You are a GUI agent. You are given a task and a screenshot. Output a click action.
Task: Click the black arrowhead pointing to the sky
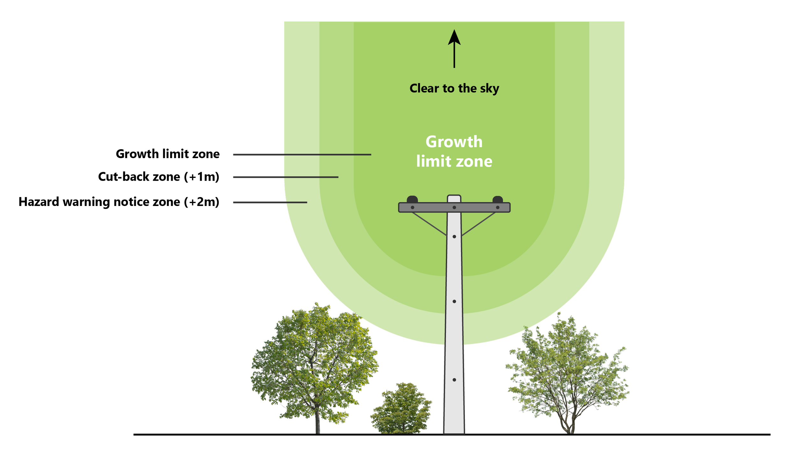(x=454, y=38)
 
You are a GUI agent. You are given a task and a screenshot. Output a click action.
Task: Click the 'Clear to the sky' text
(x=454, y=88)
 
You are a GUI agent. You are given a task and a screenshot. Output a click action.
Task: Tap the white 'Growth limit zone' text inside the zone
(x=454, y=151)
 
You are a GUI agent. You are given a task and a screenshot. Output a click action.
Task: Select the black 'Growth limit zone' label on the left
(x=168, y=154)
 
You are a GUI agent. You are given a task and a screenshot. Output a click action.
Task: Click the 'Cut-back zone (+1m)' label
(x=159, y=177)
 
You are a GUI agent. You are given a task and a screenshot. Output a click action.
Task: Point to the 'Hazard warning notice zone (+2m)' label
(x=119, y=202)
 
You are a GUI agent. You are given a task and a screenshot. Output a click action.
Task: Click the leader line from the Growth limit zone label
(x=302, y=155)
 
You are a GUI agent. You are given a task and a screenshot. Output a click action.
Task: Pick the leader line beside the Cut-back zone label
(x=286, y=177)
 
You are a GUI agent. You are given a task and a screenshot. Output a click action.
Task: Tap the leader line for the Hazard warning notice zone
(x=270, y=202)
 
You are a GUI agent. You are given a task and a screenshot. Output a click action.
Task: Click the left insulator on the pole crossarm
(x=412, y=199)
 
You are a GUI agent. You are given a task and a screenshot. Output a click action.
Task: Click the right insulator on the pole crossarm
(x=498, y=199)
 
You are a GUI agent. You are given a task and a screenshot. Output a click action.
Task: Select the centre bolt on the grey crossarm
(x=454, y=208)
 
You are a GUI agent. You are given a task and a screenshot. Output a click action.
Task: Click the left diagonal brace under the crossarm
(x=429, y=224)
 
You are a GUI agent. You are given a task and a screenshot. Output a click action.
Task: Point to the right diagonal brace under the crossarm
(x=479, y=224)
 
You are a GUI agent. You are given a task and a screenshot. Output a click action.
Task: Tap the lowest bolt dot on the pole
(x=454, y=380)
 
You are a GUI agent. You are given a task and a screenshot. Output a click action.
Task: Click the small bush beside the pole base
(x=401, y=408)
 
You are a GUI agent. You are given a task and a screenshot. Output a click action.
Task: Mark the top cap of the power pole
(x=454, y=199)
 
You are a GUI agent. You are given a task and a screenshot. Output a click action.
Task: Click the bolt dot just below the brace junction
(x=454, y=237)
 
